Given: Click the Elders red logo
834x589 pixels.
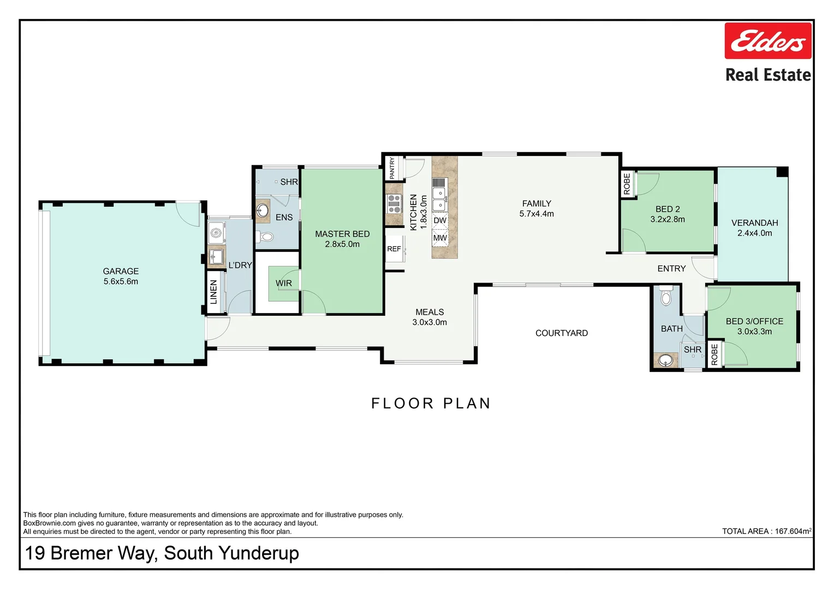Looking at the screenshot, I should [767, 41].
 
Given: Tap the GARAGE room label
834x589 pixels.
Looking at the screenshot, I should [121, 271].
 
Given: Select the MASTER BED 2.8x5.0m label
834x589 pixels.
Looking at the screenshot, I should [342, 239].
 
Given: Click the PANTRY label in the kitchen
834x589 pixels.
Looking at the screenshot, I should [392, 169].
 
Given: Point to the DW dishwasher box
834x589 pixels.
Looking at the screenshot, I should [440, 221].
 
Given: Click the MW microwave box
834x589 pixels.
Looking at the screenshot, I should [440, 238].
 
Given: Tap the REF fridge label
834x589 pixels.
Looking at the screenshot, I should [394, 249].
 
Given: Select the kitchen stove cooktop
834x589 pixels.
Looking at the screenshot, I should [394, 203].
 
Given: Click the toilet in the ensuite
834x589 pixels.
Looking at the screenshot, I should [266, 237].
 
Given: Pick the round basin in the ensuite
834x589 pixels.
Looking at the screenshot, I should [263, 211].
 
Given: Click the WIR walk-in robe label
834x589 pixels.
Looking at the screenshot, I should [284, 283].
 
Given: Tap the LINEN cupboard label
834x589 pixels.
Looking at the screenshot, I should [214, 292].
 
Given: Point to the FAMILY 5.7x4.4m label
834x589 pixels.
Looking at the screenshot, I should [537, 208].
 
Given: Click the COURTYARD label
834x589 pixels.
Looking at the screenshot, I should [562, 333].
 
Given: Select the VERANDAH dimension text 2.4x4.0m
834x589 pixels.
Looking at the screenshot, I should [754, 233].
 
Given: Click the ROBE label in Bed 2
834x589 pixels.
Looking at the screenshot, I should [627, 184].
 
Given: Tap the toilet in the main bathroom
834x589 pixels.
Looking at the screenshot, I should [665, 297].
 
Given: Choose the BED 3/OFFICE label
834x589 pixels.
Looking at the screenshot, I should [754, 321].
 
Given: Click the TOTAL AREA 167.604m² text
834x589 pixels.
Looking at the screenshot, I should [766, 531].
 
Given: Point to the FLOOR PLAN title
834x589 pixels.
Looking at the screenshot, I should [431, 403].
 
